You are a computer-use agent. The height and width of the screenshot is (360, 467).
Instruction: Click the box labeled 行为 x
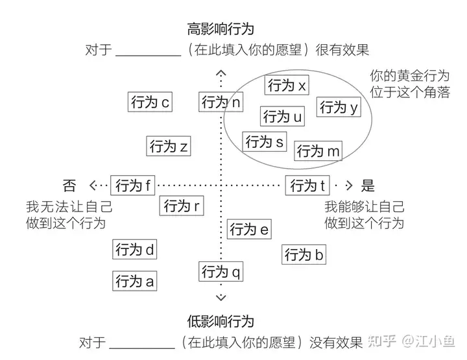point(287,85)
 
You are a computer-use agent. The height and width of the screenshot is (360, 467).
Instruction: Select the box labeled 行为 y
point(339,107)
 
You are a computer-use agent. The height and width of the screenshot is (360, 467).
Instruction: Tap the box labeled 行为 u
point(282,117)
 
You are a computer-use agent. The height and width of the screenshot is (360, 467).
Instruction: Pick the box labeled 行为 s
point(265,141)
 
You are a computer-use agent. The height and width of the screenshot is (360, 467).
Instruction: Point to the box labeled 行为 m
point(318,151)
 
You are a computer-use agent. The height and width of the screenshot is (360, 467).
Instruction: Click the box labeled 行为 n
point(221,102)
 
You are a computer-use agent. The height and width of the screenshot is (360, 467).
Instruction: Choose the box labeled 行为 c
point(150,102)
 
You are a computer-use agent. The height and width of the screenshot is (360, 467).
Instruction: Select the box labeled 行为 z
point(168,147)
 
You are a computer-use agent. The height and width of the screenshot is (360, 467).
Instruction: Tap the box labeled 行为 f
point(133,186)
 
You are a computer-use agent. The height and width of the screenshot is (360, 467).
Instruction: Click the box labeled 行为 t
point(307,186)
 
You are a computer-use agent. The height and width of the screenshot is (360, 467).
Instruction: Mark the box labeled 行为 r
point(181,206)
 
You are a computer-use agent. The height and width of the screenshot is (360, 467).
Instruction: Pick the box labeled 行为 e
point(249,229)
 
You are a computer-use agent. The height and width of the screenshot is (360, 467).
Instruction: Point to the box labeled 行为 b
point(304,255)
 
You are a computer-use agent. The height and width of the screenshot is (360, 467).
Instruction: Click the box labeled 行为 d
point(134,249)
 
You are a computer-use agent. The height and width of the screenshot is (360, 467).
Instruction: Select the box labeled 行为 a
point(134,281)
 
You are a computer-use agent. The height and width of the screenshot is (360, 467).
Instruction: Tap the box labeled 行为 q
point(221,272)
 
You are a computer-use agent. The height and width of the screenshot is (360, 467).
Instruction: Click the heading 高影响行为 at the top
point(220,29)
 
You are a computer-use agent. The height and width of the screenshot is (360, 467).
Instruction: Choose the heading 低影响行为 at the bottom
point(220,322)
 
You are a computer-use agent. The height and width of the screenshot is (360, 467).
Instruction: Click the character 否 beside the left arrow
point(69,186)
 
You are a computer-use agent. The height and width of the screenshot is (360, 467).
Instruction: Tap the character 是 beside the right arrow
point(368,186)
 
